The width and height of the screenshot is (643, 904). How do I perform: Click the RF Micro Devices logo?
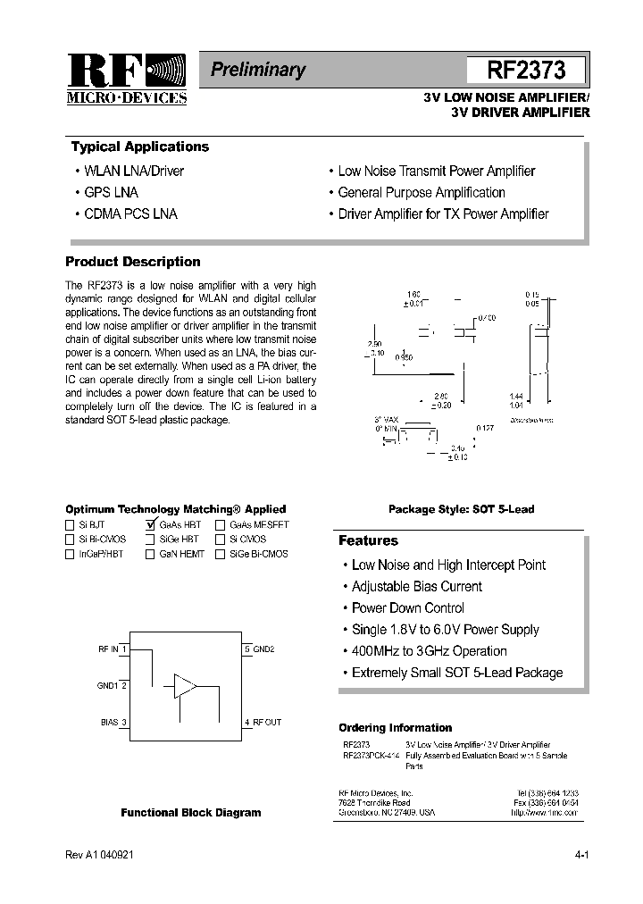[x=126, y=80]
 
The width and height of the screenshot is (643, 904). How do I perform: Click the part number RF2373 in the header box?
[x=526, y=71]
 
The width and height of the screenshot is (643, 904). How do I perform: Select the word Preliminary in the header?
[x=258, y=70]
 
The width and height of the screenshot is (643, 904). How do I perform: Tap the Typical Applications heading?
[x=139, y=147]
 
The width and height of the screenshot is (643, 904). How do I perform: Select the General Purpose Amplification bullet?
[x=421, y=192]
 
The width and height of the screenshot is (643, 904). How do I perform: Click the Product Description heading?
[x=133, y=262]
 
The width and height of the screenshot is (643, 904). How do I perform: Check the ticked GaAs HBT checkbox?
[x=151, y=525]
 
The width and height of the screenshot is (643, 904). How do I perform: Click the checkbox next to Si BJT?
[x=71, y=525]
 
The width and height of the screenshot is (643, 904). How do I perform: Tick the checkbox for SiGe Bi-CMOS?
[x=221, y=554]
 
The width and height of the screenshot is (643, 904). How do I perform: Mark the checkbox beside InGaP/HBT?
[x=71, y=554]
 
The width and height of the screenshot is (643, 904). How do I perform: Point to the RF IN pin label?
[x=108, y=649]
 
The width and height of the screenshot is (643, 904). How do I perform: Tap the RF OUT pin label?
[x=267, y=722]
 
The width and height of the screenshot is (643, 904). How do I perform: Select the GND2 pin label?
[x=263, y=649]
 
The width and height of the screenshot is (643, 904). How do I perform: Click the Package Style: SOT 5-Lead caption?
[x=461, y=509]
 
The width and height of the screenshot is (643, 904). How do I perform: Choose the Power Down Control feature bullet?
[x=407, y=608]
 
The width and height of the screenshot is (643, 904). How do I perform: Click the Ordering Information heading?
[x=395, y=728]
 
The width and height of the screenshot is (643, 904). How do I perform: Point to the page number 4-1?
[x=581, y=855]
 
